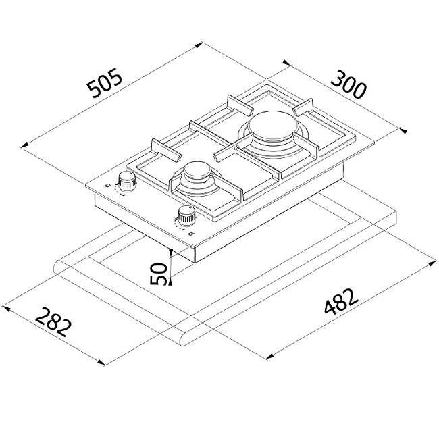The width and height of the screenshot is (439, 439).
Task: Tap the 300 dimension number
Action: (x=348, y=85)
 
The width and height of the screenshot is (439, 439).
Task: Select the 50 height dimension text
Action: (x=159, y=274)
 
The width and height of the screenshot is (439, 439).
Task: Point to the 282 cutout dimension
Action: (x=53, y=322)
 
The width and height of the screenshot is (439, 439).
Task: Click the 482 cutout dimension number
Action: (x=341, y=301)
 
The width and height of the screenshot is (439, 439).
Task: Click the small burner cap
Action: (x=197, y=170)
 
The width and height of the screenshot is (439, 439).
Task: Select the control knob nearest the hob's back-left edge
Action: (x=127, y=182)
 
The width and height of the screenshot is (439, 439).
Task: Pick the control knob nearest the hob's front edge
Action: (x=187, y=216)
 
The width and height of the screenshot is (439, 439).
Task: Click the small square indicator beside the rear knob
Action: (x=107, y=185)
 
